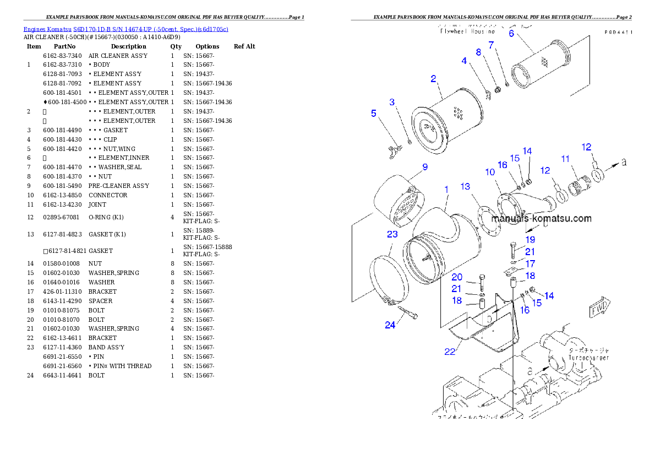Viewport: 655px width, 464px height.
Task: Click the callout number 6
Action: pyautogui.click(x=511, y=33)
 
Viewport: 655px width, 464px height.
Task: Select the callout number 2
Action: pyautogui.click(x=433, y=79)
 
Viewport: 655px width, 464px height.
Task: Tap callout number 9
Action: pyautogui.click(x=424, y=167)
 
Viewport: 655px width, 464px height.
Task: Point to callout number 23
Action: pyautogui.click(x=392, y=234)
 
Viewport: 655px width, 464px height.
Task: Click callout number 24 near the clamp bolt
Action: pyautogui.click(x=390, y=325)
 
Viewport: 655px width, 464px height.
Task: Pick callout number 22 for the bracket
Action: pyautogui.click(x=450, y=352)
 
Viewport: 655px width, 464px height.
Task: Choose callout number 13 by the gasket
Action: pyautogui.click(x=466, y=186)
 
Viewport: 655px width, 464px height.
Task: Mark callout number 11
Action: pyautogui.click(x=565, y=159)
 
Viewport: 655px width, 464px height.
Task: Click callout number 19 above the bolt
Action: pyautogui.click(x=530, y=240)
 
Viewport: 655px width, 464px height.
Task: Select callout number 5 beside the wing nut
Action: pyautogui.click(x=374, y=113)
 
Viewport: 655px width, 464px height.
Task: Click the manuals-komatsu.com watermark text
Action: pyautogui.click(x=541, y=218)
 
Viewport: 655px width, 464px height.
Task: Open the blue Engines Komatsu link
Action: pyautogui.click(x=125, y=29)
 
